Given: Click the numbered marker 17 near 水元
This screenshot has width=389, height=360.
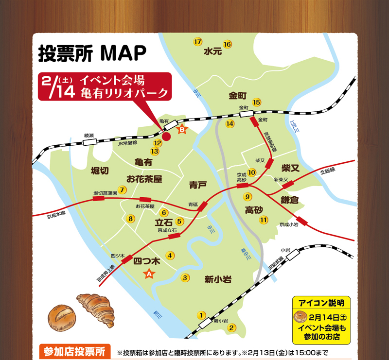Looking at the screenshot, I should click(197, 41).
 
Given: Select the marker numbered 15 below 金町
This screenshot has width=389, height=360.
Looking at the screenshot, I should click(257, 102).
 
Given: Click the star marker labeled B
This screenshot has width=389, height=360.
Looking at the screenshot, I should click(181, 130).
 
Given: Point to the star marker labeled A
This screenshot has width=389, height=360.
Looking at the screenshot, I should click(150, 274).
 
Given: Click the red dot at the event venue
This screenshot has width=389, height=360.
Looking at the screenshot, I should click(166, 137).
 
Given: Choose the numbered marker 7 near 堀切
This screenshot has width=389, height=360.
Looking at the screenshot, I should click(123, 190).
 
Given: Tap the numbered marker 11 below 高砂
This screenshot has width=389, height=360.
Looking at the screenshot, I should click(264, 220).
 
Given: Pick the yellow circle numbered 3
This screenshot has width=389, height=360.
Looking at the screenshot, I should click(185, 278).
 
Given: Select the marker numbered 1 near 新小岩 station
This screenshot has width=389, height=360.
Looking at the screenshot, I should click(201, 315).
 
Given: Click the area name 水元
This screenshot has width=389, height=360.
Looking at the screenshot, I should click(213, 51).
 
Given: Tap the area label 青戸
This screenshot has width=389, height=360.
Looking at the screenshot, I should click(198, 185).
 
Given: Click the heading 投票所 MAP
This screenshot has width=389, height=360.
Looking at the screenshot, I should click(92, 53).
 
